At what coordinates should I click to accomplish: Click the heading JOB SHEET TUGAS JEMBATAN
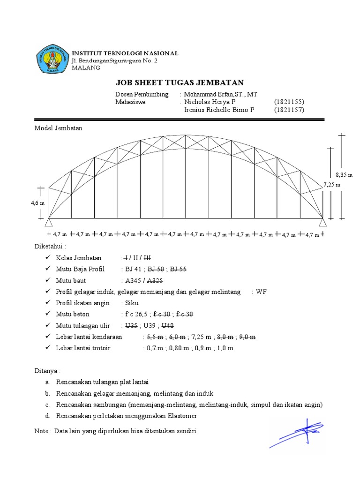coord(180,83)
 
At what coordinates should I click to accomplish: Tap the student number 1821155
coord(289,102)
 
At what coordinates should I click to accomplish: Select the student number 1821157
coord(289,110)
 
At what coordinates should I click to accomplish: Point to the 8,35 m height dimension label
coord(344,174)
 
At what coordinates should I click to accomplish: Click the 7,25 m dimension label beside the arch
coord(331,185)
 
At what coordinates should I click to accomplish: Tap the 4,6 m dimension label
coord(38,203)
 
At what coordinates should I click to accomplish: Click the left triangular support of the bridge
coord(48,222)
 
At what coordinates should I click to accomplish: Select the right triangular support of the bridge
coord(323,222)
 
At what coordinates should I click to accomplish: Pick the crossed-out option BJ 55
coord(179,269)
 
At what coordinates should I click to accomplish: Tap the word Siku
coord(126,303)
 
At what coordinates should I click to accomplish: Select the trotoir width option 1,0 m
coord(225,348)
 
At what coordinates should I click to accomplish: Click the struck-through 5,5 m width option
coord(155,337)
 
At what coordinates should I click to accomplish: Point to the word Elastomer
coord(183,416)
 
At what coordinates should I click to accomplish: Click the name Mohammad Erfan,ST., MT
coord(221,94)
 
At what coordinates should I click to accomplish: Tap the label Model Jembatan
coord(59,128)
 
